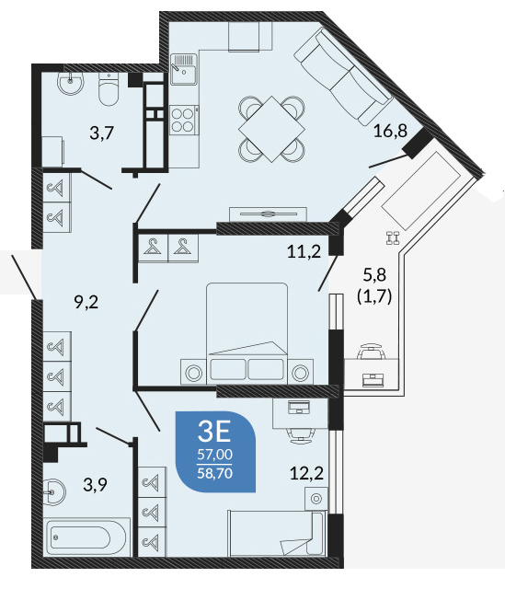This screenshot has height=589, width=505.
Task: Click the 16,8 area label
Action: coord(390,132)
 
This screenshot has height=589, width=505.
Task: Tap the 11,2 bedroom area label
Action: coord(304,251)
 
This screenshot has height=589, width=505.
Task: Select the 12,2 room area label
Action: coord(306,473)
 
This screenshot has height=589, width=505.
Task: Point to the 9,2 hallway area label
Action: coord(86,302)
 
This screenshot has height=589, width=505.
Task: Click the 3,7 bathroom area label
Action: coord(101,133)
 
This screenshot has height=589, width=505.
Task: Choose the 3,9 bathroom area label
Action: coord(95,485)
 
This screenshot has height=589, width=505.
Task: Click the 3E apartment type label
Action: coord(214,432)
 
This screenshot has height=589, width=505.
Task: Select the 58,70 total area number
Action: coord(214,473)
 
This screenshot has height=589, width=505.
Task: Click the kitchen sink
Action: coord(184,69)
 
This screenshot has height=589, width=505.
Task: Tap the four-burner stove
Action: coord(184,120)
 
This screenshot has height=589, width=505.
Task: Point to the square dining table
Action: coord(272,129)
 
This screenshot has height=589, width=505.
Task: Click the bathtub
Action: coord(86,537)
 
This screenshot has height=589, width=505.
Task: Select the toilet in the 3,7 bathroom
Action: coord(109,89)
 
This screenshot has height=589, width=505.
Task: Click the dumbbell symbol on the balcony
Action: coord(393,238)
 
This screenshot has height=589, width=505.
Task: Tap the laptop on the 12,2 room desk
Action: coord(299,407)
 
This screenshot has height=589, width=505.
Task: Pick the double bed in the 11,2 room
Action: coord(247,333)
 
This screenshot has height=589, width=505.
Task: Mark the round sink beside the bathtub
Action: coord(54,491)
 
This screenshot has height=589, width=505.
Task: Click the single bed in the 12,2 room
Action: coord(277,534)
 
